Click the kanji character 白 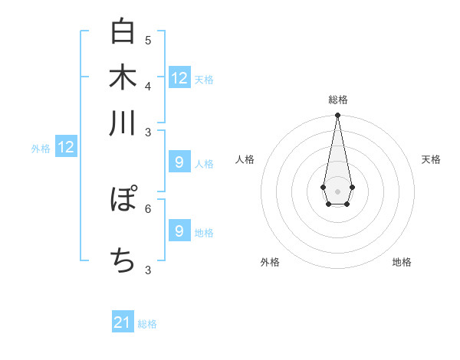click(123, 31)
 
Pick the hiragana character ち click(123, 260)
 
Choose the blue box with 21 click(123, 322)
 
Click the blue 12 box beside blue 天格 click(179, 77)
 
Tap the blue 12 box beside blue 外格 click(66, 147)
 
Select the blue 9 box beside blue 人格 click(179, 162)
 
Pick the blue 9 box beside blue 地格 click(179, 231)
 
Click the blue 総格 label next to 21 click(147, 324)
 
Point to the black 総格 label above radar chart click(337, 100)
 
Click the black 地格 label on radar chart click(402, 262)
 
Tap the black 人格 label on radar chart click(245, 159)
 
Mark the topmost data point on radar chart click(337, 115)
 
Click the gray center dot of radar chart click(337, 190)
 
